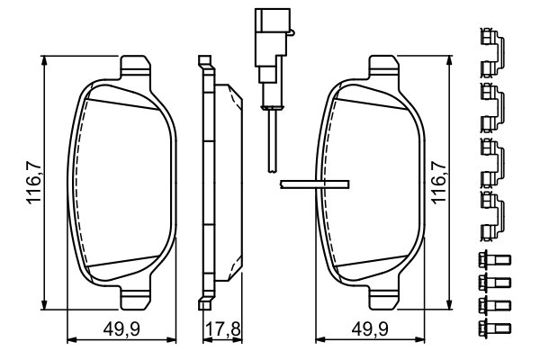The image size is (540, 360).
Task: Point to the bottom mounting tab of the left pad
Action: pos(136,295)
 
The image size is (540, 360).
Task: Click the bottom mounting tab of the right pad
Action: pos(385,295)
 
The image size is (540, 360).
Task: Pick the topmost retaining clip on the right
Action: pos(491,49)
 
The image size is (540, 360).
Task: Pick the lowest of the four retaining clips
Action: pos(491,213)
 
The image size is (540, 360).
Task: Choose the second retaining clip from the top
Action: pos(491,103)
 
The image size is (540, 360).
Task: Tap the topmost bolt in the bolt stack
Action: pos(491,261)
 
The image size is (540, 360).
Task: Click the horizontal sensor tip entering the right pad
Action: pos(313,184)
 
